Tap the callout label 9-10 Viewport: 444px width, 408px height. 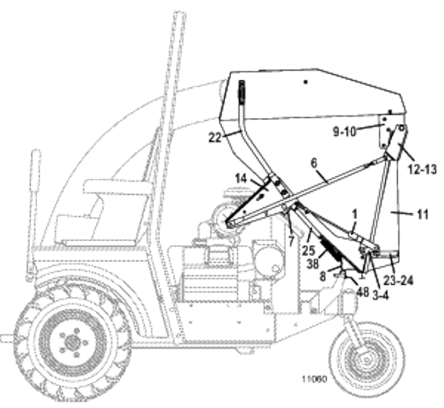click(344, 132)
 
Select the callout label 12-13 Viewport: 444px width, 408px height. click(422, 169)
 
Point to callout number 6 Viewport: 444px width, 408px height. click(314, 163)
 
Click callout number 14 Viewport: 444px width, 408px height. click(241, 179)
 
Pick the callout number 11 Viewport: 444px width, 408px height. click(422, 214)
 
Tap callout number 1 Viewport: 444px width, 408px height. click(355, 214)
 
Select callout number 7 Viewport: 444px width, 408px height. click(291, 242)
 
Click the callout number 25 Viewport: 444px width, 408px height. click(308, 250)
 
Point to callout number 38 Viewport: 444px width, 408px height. click(312, 263)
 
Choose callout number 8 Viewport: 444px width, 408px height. click(323, 276)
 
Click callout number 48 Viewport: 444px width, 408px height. click(363, 292)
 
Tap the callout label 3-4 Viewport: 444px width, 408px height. click(381, 295)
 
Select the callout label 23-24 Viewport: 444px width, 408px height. click(398, 280)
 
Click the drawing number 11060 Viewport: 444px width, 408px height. click(314, 379)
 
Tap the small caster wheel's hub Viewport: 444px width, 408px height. click(367, 360)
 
